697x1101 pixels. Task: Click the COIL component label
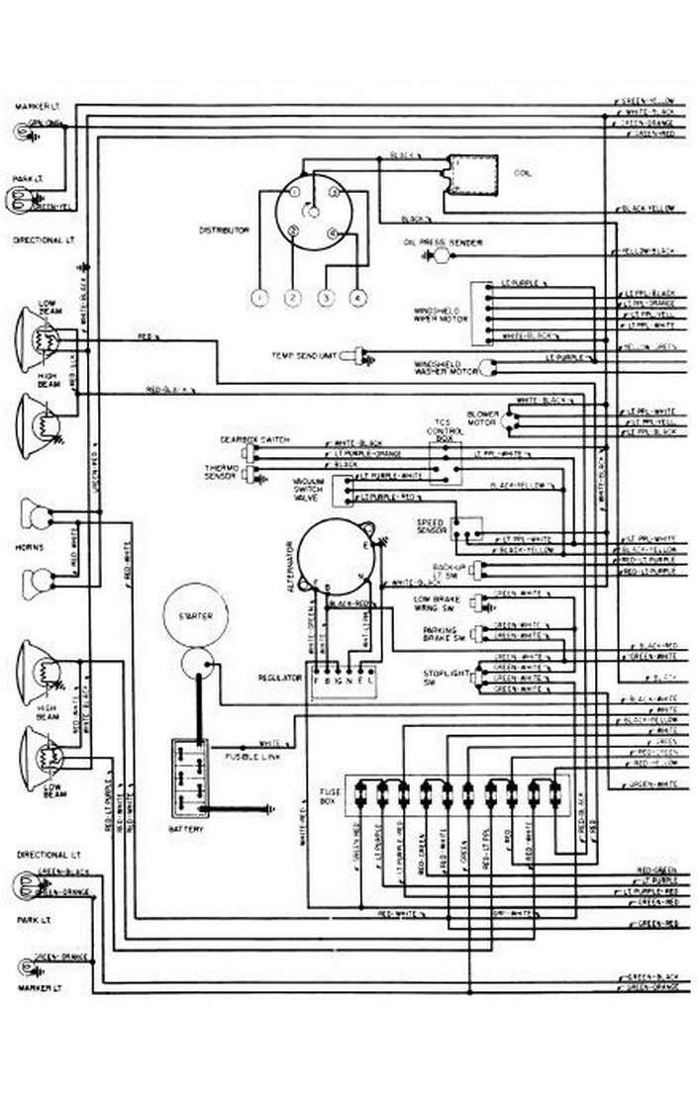coord(523,173)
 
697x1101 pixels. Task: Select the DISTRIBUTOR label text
coord(224,229)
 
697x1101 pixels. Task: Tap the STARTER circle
coord(195,616)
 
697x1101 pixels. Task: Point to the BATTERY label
coord(186,829)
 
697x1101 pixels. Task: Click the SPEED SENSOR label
coord(431,526)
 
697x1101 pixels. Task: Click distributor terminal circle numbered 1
coord(260,297)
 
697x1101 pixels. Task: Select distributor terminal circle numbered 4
coord(357,297)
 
